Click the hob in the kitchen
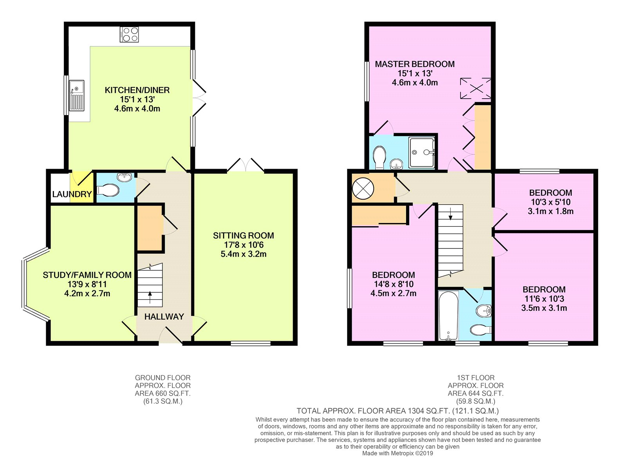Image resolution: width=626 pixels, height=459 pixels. (x=129, y=34)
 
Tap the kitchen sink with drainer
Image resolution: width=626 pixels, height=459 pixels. (x=77, y=96)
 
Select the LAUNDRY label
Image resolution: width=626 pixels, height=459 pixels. (x=72, y=194)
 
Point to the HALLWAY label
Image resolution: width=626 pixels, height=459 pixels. (x=164, y=317)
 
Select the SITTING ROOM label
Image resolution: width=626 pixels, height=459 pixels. (x=243, y=236)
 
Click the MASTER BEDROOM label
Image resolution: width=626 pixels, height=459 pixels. (x=415, y=64)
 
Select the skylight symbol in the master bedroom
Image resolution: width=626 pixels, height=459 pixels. (x=475, y=88)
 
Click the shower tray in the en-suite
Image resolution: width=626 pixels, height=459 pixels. (x=422, y=153)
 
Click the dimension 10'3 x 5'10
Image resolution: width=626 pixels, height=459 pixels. (x=550, y=202)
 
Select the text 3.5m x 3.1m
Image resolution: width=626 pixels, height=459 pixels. (x=544, y=308)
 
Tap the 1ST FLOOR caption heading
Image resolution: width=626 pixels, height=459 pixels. (x=476, y=378)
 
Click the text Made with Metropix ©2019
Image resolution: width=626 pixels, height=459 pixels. (x=398, y=453)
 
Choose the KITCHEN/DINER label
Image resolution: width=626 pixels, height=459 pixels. (x=137, y=90)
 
